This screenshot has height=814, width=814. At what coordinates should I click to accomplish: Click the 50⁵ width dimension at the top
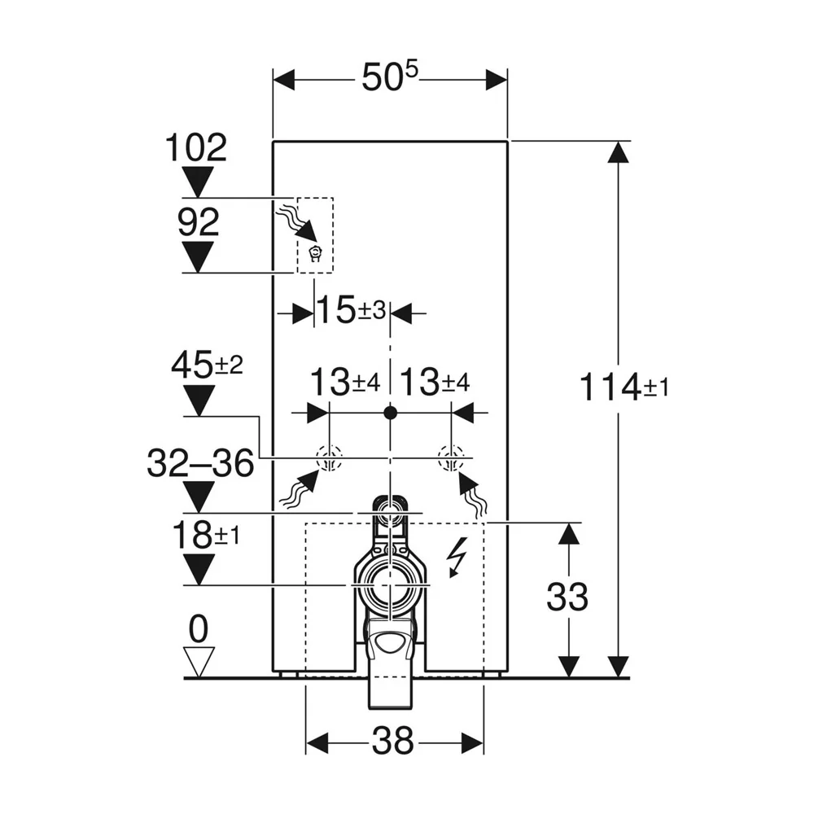tap(389, 77)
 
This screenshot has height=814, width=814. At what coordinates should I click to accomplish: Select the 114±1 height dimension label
tap(624, 387)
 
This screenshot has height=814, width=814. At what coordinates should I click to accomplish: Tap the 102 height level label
tap(196, 147)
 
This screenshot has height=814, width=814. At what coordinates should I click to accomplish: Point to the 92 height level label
tap(199, 222)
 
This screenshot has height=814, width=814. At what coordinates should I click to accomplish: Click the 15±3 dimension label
tap(351, 310)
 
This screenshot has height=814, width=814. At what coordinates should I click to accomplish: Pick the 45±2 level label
tap(207, 364)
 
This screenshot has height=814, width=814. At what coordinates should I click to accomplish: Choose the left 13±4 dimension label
tap(344, 383)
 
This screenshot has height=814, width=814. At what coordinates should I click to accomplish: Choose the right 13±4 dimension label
tap(435, 383)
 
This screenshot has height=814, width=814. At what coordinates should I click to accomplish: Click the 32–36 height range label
tap(200, 463)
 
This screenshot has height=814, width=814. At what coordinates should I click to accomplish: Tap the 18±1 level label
tap(206, 536)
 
